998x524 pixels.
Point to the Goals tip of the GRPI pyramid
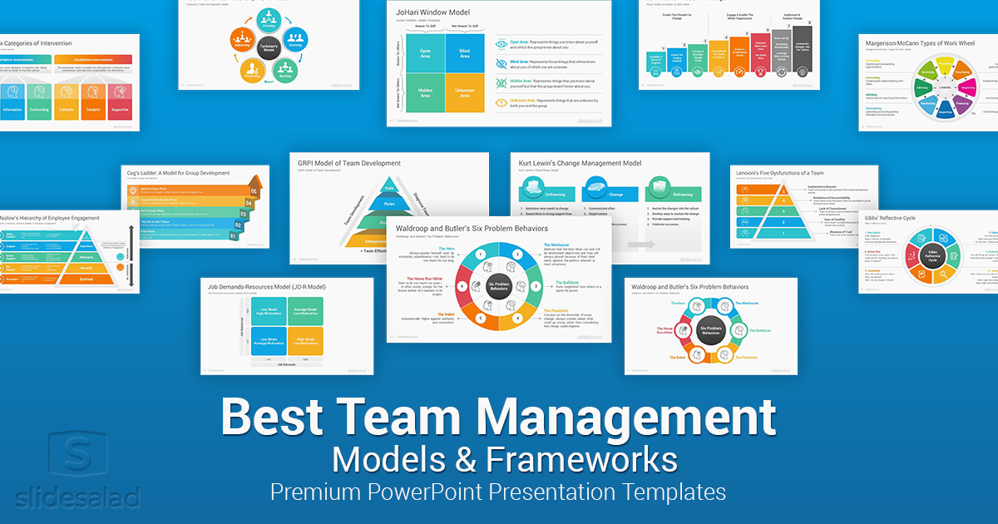388,188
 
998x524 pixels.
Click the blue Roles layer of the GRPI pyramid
388,203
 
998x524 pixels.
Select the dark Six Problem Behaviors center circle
499,284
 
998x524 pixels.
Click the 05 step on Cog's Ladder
254,190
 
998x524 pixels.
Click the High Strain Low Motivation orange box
305,336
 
